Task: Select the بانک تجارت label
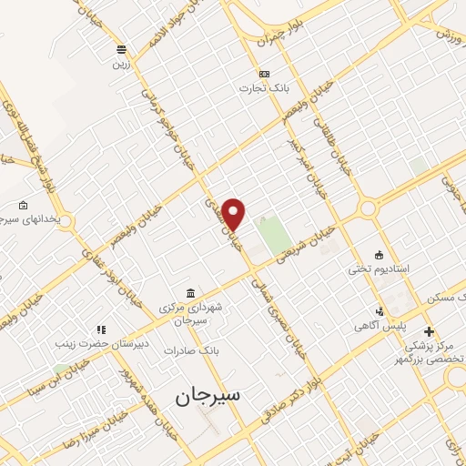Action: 258,88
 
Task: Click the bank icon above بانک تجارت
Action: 264,74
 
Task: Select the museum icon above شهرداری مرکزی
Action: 190,292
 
